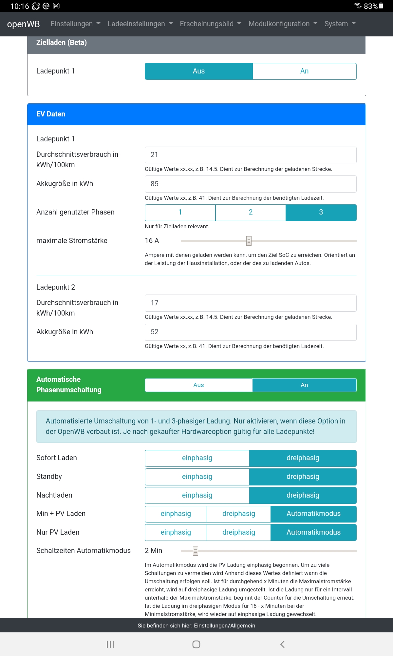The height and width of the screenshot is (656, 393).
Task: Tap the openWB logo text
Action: [x=23, y=24]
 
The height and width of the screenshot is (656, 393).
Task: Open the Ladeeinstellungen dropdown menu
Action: [x=140, y=24]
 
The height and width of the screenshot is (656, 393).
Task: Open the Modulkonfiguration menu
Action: [x=283, y=24]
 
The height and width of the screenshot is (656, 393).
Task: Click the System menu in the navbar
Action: [x=340, y=24]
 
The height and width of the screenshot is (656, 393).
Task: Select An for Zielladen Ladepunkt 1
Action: [x=304, y=71]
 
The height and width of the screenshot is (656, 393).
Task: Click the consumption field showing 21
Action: [x=251, y=155]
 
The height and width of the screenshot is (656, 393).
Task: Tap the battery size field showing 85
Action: [x=251, y=184]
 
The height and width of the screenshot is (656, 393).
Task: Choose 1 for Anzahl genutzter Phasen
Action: [x=180, y=212]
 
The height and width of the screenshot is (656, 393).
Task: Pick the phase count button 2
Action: [x=251, y=212]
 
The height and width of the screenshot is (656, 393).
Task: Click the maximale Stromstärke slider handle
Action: [x=249, y=241]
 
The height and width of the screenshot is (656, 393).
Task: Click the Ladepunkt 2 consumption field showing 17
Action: [x=251, y=303]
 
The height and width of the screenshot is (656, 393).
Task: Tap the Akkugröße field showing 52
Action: [x=251, y=332]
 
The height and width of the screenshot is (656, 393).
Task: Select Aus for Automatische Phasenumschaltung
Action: [x=198, y=385]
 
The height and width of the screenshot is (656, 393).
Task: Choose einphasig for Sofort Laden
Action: [x=197, y=458]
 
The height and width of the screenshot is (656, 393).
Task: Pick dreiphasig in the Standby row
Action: [x=303, y=477]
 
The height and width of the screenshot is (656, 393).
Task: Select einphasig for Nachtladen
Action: [x=197, y=496]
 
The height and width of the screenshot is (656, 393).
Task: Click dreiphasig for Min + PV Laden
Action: [x=238, y=514]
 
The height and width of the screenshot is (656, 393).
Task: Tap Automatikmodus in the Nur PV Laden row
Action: [x=313, y=533]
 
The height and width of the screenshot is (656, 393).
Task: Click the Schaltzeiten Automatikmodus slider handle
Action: [x=196, y=551]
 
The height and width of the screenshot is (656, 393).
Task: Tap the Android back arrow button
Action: [x=282, y=644]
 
